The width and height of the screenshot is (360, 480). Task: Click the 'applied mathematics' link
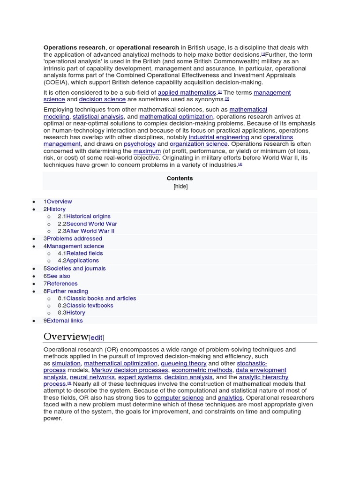tap(187, 93)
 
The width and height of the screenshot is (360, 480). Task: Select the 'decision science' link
tap(102, 99)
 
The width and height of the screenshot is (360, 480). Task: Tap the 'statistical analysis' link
tap(98, 117)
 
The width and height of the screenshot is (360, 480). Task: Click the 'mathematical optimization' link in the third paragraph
tap(176, 117)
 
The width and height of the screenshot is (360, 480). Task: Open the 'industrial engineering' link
tap(219, 137)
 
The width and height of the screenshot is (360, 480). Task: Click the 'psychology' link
tap(140, 144)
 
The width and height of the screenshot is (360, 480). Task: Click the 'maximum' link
tap(147, 151)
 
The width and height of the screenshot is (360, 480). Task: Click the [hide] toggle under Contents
tap(180, 186)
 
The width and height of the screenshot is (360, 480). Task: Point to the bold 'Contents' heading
tap(180, 179)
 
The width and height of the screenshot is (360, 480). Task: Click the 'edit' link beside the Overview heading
tap(96, 337)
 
